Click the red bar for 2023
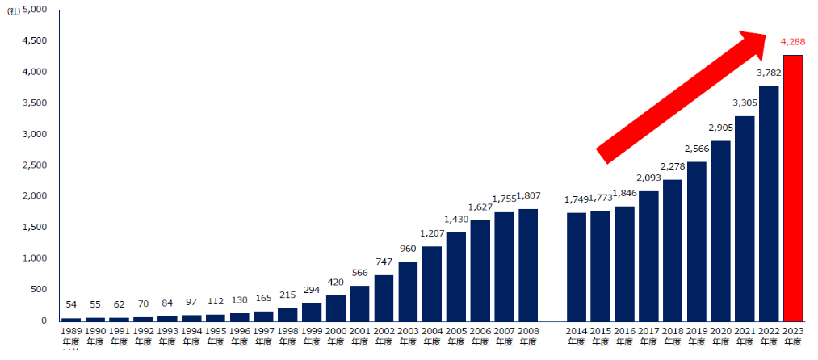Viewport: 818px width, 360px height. [792, 187]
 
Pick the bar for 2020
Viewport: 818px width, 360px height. [720, 231]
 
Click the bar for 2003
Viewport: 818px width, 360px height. [408, 291]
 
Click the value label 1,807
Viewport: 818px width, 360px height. [529, 196]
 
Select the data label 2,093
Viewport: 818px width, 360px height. [649, 178]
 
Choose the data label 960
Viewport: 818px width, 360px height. [408, 249]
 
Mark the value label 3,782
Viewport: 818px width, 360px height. [769, 73]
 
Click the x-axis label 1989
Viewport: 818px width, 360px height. [71, 331]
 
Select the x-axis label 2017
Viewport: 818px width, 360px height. [648, 331]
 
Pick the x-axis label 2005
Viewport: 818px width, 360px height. [456, 331]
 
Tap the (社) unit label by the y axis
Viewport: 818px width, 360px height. [13, 11]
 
